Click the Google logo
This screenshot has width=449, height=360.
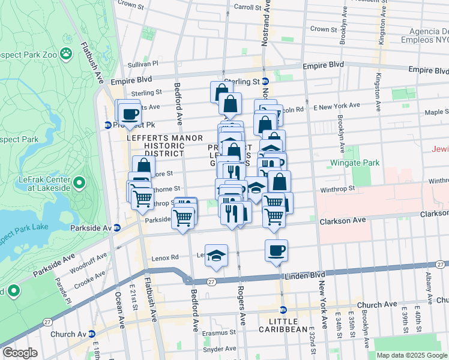pos(19,353)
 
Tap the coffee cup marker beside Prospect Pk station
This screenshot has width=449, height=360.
pos(129,113)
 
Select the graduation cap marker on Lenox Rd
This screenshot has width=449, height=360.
pos(216,254)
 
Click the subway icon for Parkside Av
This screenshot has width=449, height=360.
pos(117,227)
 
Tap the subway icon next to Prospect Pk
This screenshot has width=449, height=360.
pos(107,125)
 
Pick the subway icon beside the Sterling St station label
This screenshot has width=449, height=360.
pos(265,81)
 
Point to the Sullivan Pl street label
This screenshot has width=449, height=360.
pos(142,63)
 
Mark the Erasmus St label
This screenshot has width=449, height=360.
pos(219,332)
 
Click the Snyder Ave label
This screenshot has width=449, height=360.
pos(219,349)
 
